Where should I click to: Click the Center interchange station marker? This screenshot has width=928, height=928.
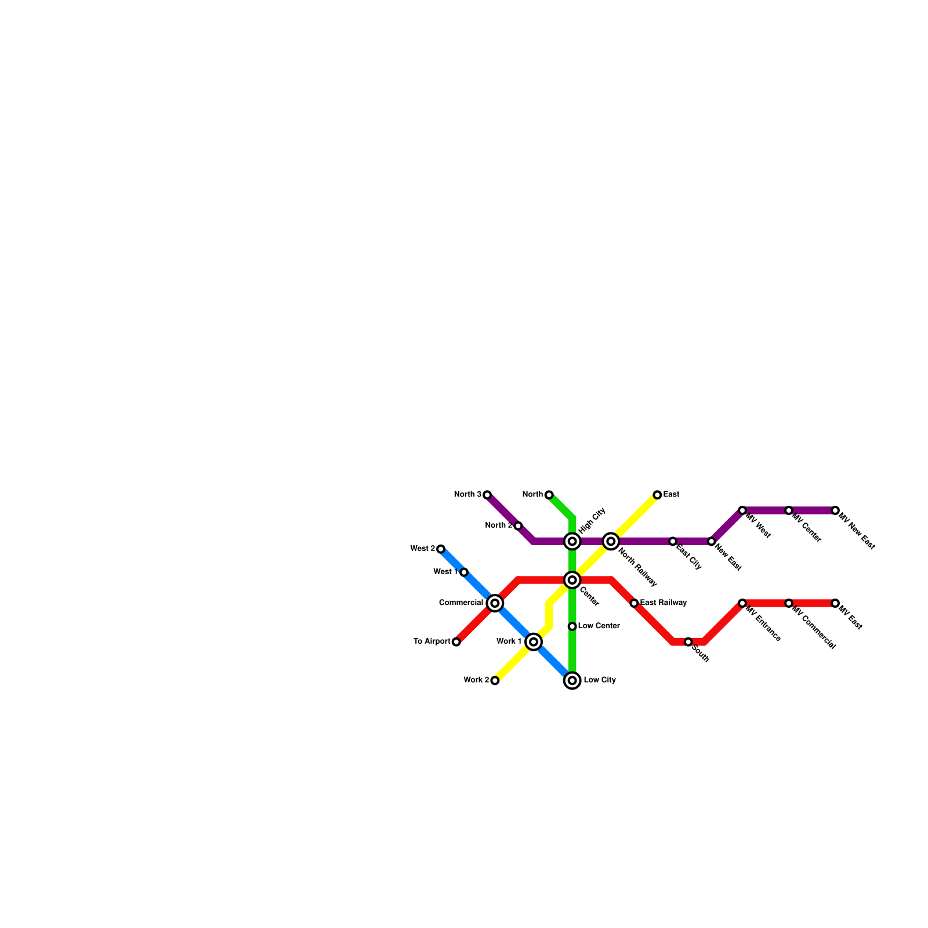tap(572, 580)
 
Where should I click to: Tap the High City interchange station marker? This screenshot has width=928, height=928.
tap(572, 541)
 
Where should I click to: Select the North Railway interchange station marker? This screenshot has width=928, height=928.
tap(611, 541)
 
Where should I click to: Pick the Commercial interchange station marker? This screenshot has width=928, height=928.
tap(495, 603)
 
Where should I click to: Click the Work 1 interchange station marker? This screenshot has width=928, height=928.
tap(534, 642)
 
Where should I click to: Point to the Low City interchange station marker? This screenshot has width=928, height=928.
tap(572, 680)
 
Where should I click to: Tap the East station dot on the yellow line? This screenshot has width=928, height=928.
tap(657, 495)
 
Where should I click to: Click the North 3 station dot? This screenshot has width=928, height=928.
tap(487, 495)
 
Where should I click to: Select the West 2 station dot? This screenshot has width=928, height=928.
tap(441, 549)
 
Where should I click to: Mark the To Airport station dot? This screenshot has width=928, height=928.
tap(456, 642)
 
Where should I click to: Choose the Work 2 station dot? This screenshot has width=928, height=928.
tap(495, 680)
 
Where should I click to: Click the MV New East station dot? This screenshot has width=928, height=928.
tap(835, 510)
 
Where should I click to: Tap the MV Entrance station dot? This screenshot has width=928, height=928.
tap(742, 603)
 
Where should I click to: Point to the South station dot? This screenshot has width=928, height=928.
tap(688, 642)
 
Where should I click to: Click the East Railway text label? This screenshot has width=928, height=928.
tap(664, 603)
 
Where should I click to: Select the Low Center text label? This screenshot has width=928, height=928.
tap(599, 626)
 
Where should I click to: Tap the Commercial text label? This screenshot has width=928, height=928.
tap(461, 603)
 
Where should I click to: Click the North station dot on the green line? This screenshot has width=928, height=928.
tap(549, 495)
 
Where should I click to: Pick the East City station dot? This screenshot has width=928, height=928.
tap(673, 541)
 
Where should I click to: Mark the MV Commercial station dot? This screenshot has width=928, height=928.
tap(789, 603)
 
